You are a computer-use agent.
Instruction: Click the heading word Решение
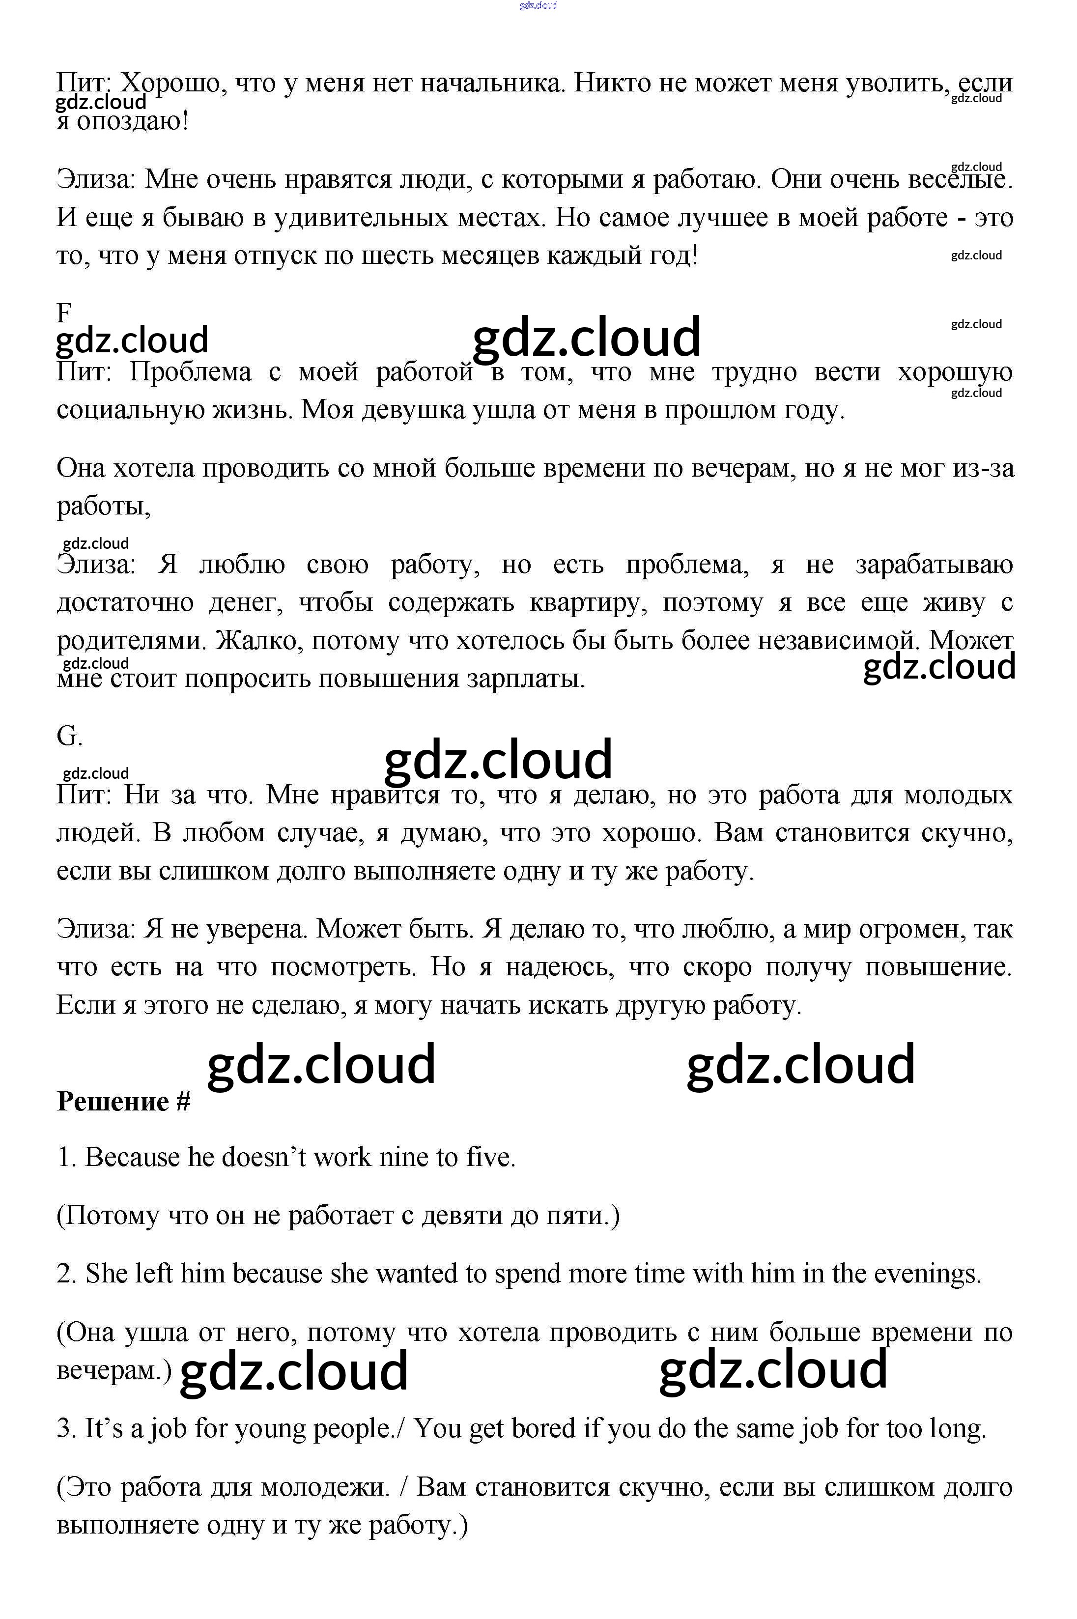(x=113, y=1102)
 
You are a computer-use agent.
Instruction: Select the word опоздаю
(x=131, y=121)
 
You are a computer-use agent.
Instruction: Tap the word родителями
(x=131, y=641)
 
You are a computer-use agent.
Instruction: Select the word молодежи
(x=326, y=1487)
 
